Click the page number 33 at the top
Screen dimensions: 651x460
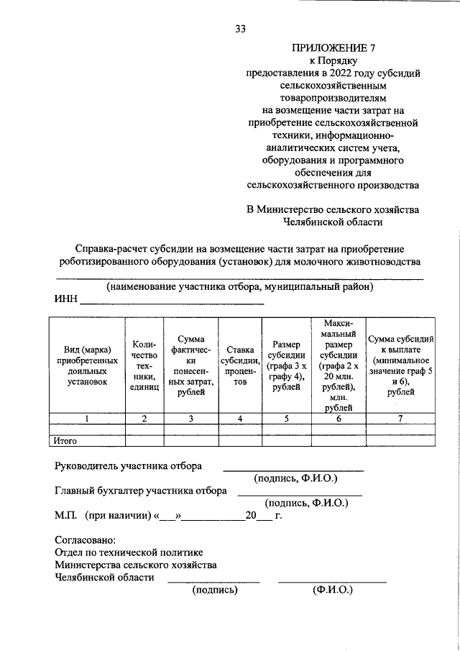pos(241,29)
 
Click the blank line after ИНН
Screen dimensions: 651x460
pos(171,304)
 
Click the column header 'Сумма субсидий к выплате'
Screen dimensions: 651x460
pos(400,365)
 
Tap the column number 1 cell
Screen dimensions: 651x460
pos(86,419)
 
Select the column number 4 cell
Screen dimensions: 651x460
pos(240,419)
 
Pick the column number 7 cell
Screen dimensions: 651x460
pos(400,419)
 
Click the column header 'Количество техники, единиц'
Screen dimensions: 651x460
pos(144,365)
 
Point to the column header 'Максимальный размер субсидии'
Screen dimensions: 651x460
pos(338,365)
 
